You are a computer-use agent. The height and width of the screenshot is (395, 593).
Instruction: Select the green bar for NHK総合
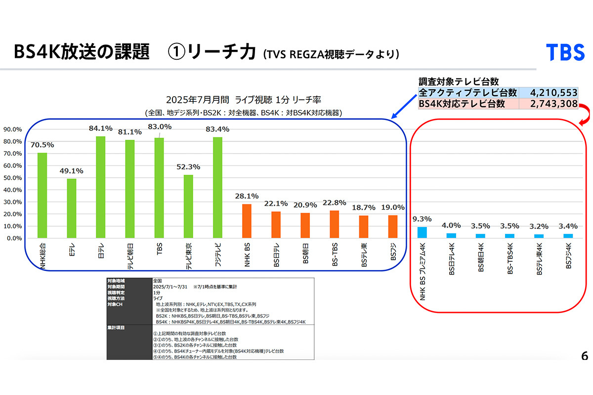coord(42,196)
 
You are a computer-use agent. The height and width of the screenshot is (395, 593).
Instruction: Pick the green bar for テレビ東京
coord(188,206)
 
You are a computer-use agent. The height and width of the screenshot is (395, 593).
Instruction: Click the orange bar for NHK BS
coord(247,221)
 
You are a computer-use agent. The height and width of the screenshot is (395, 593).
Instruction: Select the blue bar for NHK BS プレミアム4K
coord(422,233)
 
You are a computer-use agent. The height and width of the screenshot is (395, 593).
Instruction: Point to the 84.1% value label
coord(101,128)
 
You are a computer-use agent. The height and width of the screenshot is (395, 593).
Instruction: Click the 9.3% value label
coord(422,219)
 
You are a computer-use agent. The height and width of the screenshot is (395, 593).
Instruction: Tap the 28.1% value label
coord(247,196)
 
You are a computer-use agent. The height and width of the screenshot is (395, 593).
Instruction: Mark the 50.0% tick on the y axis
coord(12,178)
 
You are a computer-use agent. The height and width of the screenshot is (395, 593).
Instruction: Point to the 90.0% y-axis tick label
coord(12,129)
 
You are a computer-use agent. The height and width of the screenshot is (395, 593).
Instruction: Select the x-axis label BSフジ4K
coord(568,256)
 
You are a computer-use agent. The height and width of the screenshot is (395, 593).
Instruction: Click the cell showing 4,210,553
coord(548,93)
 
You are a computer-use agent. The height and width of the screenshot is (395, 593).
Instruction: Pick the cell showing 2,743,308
coord(548,104)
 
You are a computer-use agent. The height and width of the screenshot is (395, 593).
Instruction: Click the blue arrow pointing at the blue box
coord(405,106)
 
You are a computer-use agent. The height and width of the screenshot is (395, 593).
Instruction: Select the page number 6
coord(585,356)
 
